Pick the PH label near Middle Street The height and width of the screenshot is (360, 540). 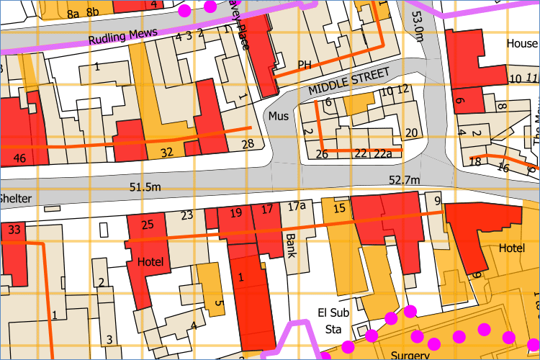click(304, 65)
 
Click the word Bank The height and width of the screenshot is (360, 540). click(291, 246)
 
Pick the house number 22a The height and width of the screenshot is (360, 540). click(382, 153)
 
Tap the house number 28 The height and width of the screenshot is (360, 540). click(248, 145)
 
